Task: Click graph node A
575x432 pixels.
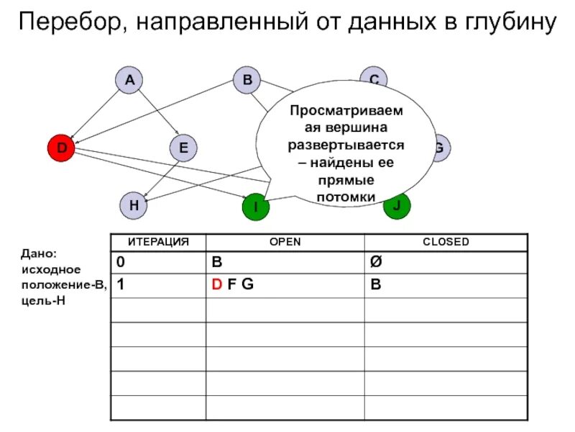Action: (129, 81)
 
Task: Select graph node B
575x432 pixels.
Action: (247, 81)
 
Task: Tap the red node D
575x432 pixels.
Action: (62, 149)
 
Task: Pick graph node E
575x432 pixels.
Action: (183, 149)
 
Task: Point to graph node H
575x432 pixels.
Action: (134, 204)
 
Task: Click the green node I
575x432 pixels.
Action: (254, 207)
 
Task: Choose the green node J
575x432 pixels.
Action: (397, 206)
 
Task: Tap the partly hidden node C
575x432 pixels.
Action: (374, 78)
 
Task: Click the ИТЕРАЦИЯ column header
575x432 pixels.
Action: (158, 242)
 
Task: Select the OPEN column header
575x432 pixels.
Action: (285, 242)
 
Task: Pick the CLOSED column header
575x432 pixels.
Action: (446, 242)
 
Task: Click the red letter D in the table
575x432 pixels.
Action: (216, 284)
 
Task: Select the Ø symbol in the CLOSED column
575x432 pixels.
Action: (374, 261)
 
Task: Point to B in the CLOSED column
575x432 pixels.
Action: (374, 284)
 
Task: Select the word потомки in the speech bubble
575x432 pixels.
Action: (345, 197)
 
